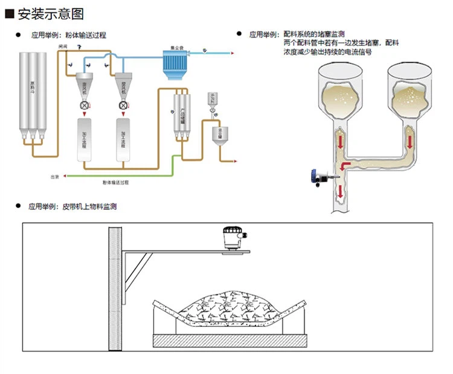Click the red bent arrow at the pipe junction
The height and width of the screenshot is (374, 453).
click(x=344, y=165)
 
